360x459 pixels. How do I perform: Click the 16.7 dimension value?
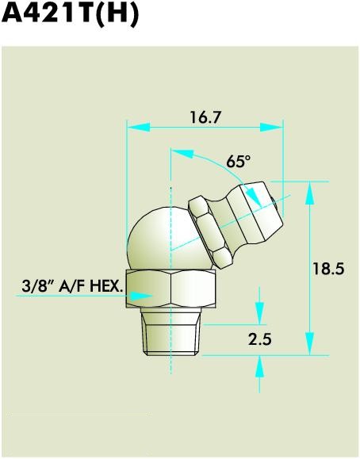coord(205,117)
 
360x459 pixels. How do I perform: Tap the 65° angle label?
coord(238,161)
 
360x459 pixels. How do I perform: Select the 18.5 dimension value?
coord(327,269)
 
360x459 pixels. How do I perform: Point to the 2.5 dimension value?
coord(259,340)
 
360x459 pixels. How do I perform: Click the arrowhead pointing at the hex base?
coord(140,295)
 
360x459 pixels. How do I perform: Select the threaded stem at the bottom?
coord(171,336)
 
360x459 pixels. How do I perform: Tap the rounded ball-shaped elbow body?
coord(159,234)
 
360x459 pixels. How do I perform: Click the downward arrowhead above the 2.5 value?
coord(260,314)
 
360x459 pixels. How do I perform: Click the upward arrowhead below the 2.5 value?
coord(260,365)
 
